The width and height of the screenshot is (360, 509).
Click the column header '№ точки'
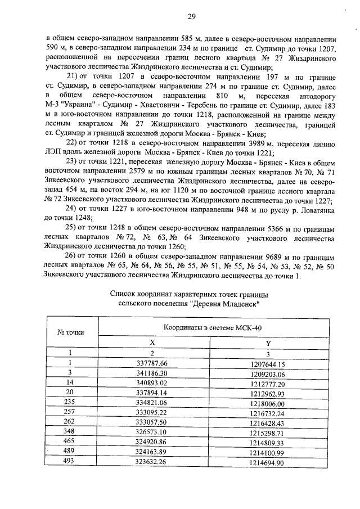click(71, 332)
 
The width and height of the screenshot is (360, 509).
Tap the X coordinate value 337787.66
click(152, 364)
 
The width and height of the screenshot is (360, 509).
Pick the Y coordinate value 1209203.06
click(268, 374)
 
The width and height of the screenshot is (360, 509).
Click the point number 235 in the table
click(71, 403)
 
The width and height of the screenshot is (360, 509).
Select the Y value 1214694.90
click(268, 463)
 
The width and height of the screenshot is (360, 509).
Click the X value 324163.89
click(152, 453)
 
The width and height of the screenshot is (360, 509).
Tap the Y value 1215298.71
click(268, 433)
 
